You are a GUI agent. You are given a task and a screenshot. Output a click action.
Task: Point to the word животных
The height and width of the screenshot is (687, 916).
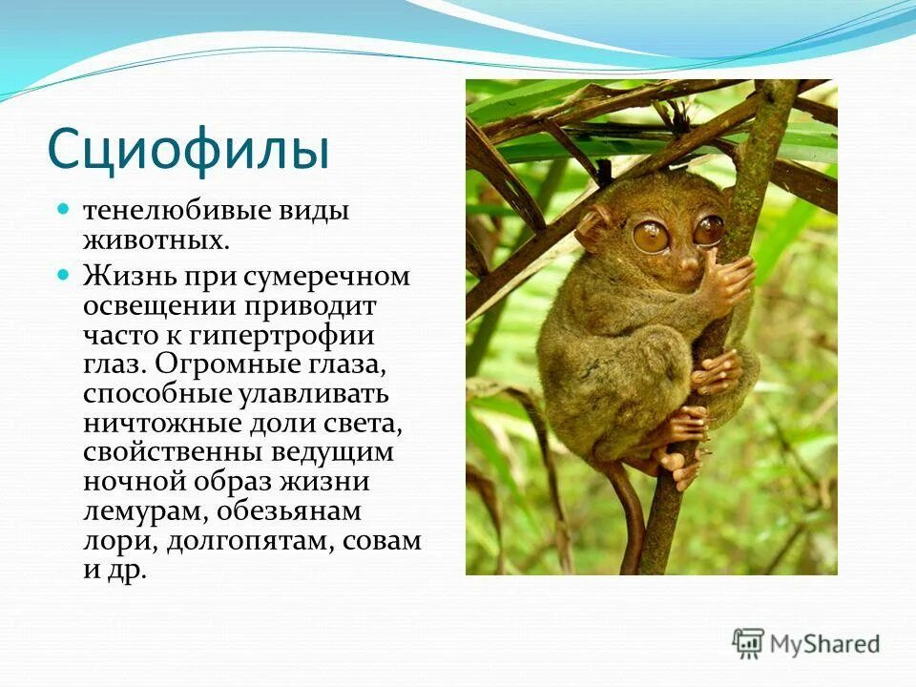pyautogui.click(x=156, y=240)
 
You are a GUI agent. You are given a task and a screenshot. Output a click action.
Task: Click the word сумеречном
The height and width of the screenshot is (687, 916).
pyautogui.click(x=326, y=277)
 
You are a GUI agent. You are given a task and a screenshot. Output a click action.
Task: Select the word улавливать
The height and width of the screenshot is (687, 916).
pyautogui.click(x=314, y=394)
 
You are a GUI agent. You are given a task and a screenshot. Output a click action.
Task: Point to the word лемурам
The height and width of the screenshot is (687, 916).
pyautogui.click(x=145, y=512)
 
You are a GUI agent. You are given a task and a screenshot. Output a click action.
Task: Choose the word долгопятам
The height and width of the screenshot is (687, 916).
pyautogui.click(x=250, y=542)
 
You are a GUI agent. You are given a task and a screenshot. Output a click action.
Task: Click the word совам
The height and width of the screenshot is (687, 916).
pyautogui.click(x=382, y=542)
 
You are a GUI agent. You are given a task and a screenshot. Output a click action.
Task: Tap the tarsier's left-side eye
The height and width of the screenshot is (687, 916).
pyautogui.click(x=650, y=236)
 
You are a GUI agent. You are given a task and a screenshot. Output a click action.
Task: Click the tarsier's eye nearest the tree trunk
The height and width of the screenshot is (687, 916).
pyautogui.click(x=709, y=230)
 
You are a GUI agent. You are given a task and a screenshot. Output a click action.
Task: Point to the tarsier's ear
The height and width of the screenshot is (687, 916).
pyautogui.click(x=595, y=226)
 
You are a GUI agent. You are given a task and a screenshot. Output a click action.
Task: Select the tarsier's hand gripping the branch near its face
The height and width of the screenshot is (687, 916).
pyautogui.click(x=725, y=279)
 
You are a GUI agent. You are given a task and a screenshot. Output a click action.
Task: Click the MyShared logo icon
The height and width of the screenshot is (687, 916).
pyautogui.click(x=748, y=644)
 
